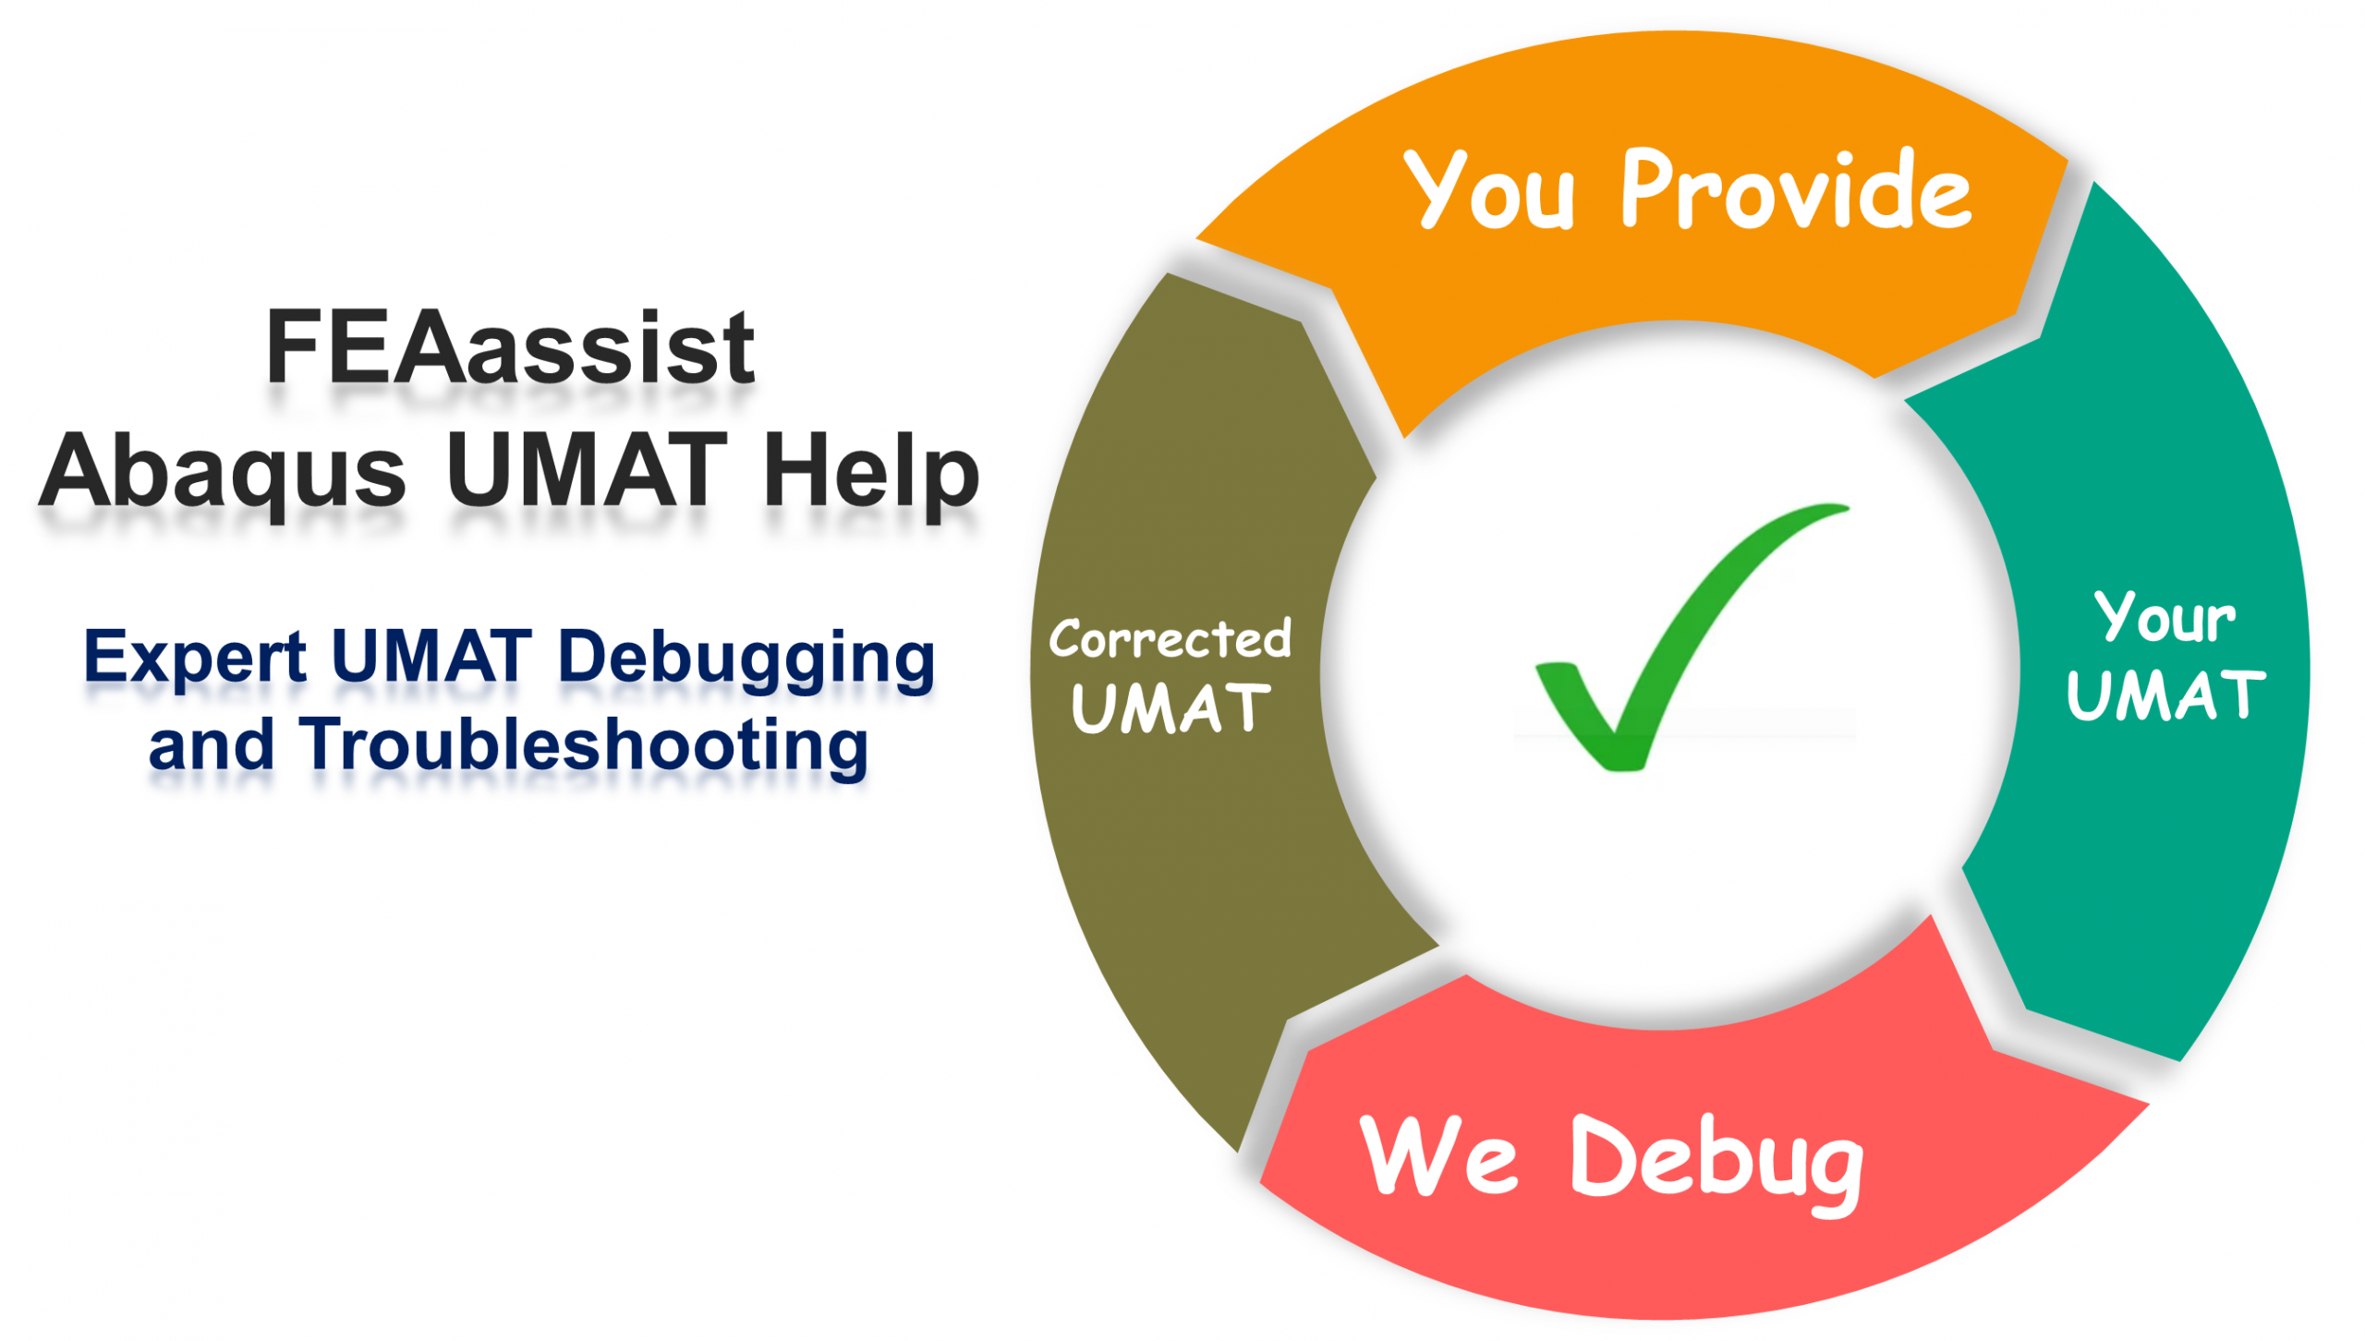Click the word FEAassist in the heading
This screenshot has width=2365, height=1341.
(510, 348)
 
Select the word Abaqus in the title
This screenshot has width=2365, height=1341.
(222, 473)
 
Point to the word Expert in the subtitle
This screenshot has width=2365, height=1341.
(194, 658)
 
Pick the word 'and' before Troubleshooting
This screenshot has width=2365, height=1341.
(212, 744)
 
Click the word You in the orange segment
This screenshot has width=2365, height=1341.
(1487, 189)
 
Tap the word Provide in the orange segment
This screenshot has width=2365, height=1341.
(1796, 189)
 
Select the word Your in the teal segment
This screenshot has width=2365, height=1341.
(2164, 617)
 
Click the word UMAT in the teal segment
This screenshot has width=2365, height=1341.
(2165, 695)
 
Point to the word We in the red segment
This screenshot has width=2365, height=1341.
(1437, 1156)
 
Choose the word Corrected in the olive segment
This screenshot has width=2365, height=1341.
(1170, 639)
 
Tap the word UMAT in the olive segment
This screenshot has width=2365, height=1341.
(1170, 709)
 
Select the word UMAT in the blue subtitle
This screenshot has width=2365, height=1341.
(431, 658)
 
